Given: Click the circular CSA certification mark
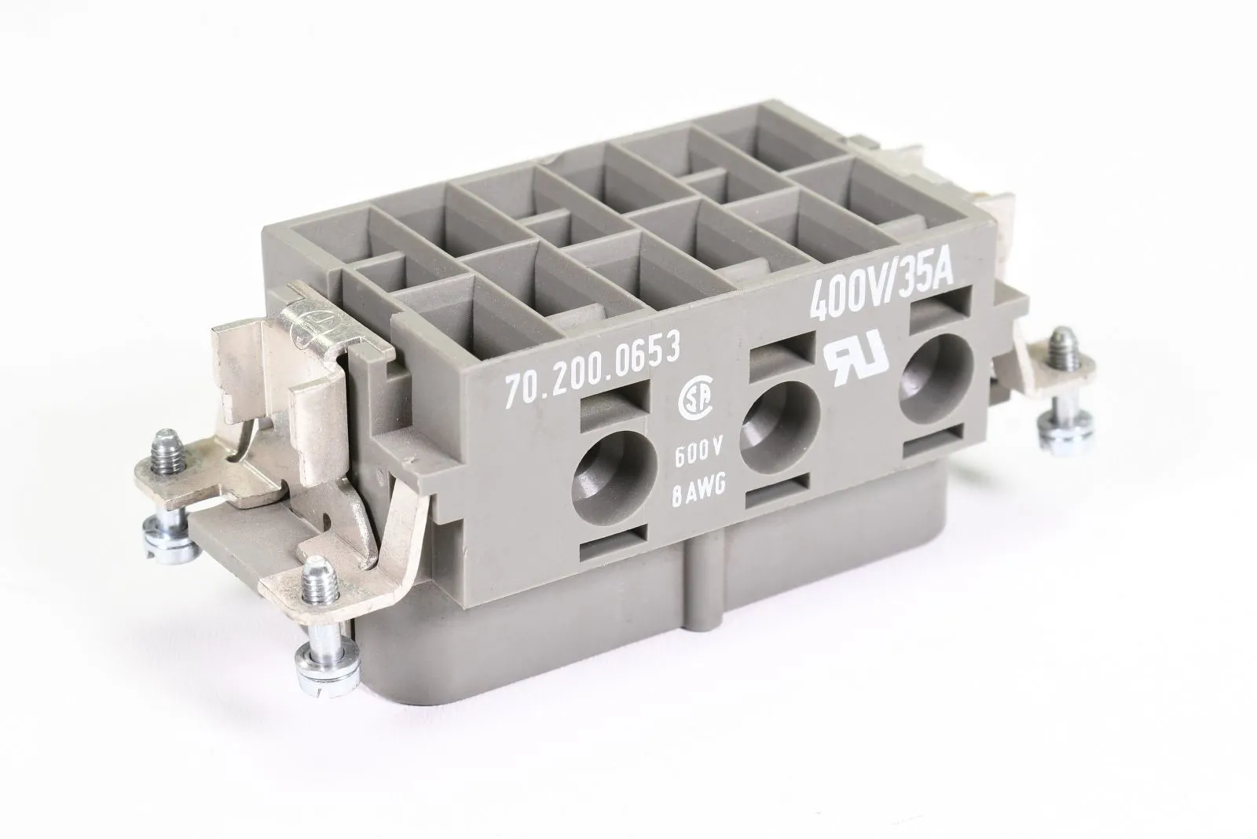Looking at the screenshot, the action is click(696, 400).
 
